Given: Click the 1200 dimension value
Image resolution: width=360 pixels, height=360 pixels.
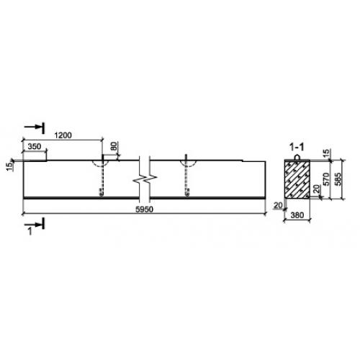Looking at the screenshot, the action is point(63,135).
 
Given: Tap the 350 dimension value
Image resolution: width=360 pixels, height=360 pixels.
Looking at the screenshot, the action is point(35,146).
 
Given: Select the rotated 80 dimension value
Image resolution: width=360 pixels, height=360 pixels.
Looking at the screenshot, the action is point(114,146).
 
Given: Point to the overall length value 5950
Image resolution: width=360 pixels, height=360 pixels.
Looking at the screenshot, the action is point(144,210).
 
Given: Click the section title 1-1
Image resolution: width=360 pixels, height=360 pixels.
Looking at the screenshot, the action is point(297,147).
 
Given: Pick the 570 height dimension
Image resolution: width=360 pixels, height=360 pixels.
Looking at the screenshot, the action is point(326,179).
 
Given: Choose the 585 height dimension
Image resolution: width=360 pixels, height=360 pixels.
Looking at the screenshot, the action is point(338,179).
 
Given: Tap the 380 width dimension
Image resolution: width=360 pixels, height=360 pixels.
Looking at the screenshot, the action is point(297,215).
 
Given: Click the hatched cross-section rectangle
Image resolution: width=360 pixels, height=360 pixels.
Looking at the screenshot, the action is point(297,179).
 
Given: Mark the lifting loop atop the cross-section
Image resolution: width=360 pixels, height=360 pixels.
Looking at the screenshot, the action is point(297,156).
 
